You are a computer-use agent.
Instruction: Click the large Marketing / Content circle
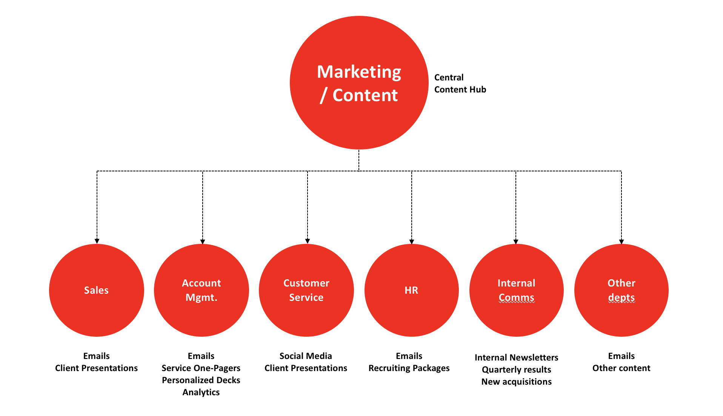tap(359, 83)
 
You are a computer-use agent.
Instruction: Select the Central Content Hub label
tap(460, 83)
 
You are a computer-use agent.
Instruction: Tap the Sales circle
tap(97, 290)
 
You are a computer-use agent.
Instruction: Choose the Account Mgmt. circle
tap(202, 290)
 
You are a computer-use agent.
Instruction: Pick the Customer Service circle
tap(306, 290)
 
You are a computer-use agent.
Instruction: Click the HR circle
tap(412, 290)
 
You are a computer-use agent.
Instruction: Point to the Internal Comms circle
tap(517, 290)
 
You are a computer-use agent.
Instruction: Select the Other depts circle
tap(621, 290)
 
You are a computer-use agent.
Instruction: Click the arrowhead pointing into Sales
tap(97, 241)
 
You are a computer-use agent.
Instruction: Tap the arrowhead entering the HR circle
tap(412, 242)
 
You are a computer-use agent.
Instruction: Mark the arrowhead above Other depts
tap(621, 242)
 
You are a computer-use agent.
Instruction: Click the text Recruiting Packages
tap(409, 368)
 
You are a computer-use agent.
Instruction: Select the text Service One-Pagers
tap(201, 368)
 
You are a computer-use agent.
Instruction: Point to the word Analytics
tap(201, 393)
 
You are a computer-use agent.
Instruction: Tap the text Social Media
tap(306, 356)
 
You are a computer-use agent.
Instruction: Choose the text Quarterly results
tap(517, 370)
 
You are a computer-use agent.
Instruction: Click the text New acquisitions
tap(517, 382)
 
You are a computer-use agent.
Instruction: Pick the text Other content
tap(621, 368)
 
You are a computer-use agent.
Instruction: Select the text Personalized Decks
tap(201, 380)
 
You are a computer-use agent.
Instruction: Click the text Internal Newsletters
tap(517, 357)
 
